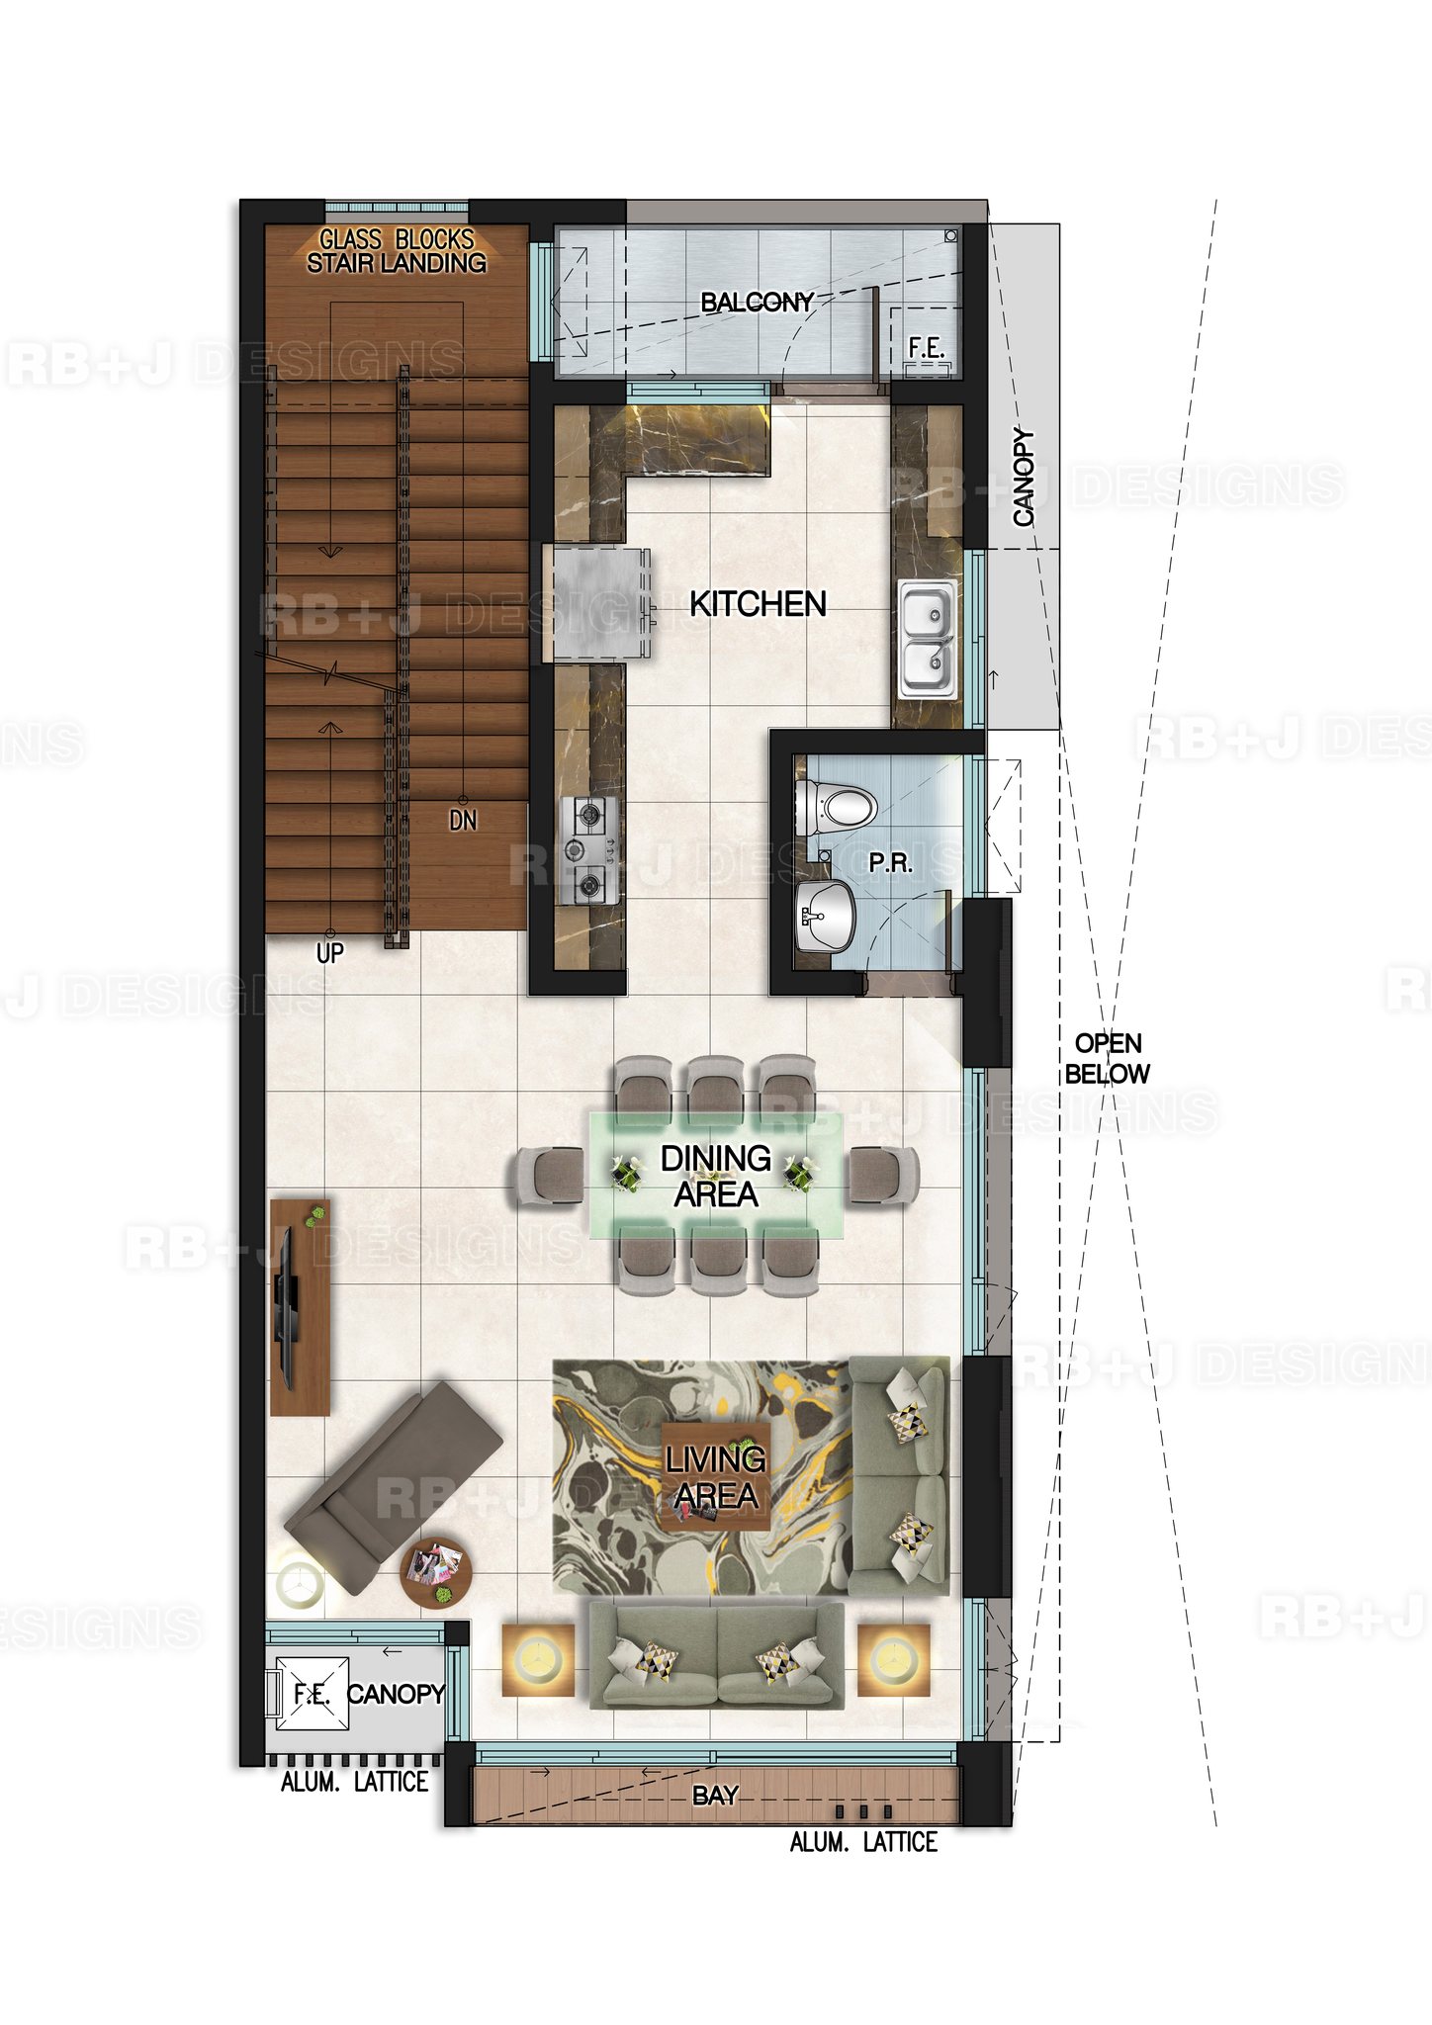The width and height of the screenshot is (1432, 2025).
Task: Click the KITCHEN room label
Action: tap(758, 603)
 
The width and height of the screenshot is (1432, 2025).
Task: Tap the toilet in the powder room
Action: tap(837, 806)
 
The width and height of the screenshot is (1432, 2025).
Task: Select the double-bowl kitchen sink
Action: tap(928, 641)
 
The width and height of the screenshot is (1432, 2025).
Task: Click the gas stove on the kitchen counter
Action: tap(590, 850)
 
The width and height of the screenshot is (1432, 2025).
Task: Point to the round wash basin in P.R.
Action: tap(827, 916)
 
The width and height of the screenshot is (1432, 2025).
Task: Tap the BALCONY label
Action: tap(757, 302)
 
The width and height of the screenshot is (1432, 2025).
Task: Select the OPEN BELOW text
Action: tap(1108, 1058)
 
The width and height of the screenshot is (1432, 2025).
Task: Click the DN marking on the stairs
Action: tap(463, 820)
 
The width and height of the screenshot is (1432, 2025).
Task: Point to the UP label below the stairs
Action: tap(329, 952)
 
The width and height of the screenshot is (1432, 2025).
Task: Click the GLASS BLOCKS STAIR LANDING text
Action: tap(397, 251)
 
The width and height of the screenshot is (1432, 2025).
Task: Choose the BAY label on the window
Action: tap(715, 1795)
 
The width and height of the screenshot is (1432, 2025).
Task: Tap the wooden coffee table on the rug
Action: tap(715, 1476)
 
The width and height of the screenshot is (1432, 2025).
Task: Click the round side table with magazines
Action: tap(436, 1573)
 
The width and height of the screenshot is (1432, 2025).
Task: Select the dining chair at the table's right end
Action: tap(884, 1177)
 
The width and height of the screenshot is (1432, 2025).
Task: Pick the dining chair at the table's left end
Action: tap(548, 1177)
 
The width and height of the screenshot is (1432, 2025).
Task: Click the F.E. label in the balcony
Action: tap(927, 347)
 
